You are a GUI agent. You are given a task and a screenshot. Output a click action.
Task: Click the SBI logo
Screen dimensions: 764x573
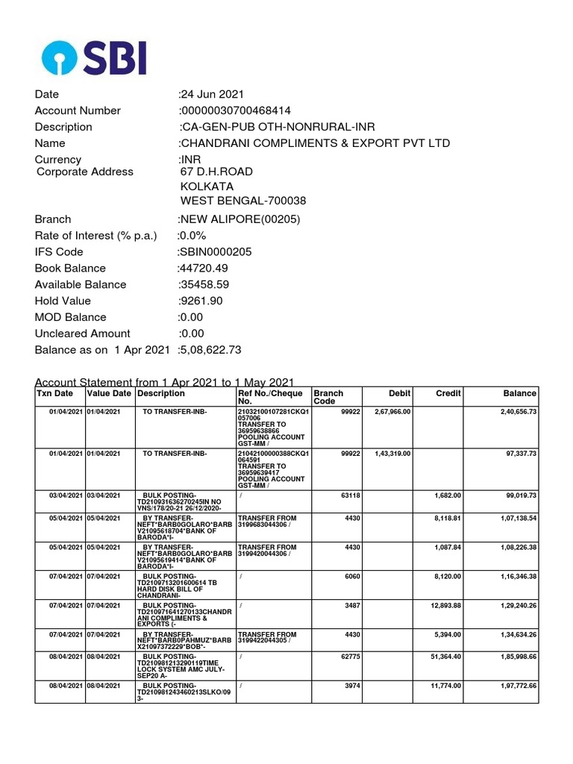pyautogui.click(x=94, y=57)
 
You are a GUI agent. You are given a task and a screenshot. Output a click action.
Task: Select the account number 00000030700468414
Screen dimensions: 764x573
pyautogui.click(x=237, y=110)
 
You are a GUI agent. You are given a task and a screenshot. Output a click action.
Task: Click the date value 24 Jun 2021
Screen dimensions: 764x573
pyautogui.click(x=213, y=94)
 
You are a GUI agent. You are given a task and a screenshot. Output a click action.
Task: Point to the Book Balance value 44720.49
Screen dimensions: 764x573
pyautogui.click(x=203, y=268)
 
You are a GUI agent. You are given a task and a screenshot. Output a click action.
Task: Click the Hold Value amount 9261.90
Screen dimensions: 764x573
pyautogui.click(x=201, y=301)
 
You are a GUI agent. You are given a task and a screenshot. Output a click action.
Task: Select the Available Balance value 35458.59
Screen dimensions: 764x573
pyautogui.click(x=204, y=284)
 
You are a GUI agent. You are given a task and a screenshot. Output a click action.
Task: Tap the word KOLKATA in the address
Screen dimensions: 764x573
pyautogui.click(x=207, y=186)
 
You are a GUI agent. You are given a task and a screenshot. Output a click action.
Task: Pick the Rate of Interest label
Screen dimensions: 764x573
pyautogui.click(x=95, y=235)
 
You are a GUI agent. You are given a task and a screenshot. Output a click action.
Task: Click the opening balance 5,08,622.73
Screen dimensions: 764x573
pyautogui.click(x=210, y=350)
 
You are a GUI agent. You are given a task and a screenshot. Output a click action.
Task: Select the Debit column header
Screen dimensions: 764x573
pyautogui.click(x=400, y=393)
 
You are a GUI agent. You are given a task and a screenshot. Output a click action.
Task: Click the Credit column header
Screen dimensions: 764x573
pyautogui.click(x=448, y=393)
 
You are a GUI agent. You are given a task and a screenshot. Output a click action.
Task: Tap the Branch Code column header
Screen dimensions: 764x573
pyautogui.click(x=328, y=398)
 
